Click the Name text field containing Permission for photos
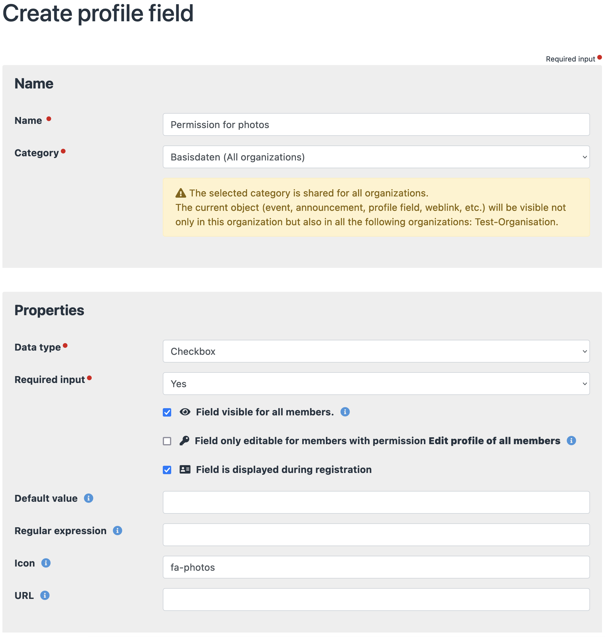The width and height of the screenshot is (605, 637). [x=376, y=124]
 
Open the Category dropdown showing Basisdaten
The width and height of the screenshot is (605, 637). [x=376, y=157]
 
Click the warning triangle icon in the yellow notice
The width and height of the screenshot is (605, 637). [x=180, y=193]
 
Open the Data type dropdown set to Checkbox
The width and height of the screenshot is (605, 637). [x=376, y=351]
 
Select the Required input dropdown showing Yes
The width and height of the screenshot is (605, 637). [x=376, y=384]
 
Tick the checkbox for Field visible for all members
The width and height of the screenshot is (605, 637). [x=167, y=412]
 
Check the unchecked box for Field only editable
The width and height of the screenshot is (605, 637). [x=167, y=441]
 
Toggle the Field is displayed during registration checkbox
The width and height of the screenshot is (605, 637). [x=167, y=470]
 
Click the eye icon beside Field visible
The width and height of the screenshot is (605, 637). [x=185, y=412]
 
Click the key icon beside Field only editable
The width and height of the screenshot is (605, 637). [x=184, y=441]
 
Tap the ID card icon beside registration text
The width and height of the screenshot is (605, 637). [x=185, y=469]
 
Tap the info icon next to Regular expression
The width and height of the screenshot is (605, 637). [x=118, y=531]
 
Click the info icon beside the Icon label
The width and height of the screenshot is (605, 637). [x=46, y=563]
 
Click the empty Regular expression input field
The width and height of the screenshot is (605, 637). [x=376, y=535]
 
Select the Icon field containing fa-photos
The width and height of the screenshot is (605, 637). [x=376, y=567]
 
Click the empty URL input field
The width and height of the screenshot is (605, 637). [x=376, y=600]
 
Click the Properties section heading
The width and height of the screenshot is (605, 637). [x=49, y=310]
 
